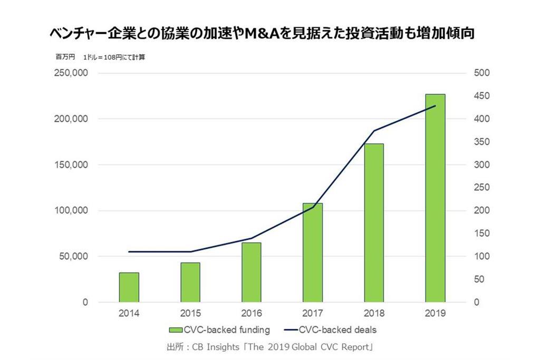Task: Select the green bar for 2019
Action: (436, 198)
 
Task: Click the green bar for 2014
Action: (129, 287)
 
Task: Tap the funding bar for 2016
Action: (252, 272)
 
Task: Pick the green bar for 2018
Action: (374, 223)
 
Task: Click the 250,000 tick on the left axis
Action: (71, 73)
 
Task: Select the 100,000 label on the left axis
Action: (71, 211)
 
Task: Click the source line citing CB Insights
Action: (269, 347)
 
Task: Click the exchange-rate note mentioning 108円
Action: (113, 57)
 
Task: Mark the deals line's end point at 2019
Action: (436, 106)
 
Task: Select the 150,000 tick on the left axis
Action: (71, 165)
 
